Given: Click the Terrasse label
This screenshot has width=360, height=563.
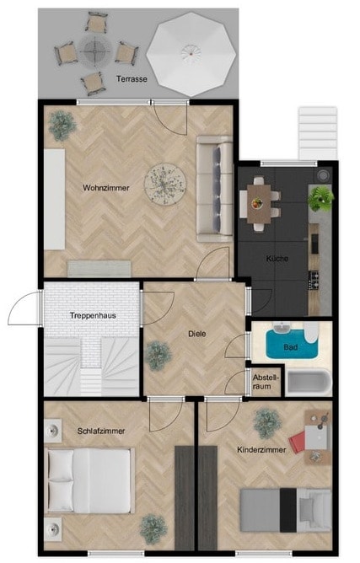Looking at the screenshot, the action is click(x=132, y=79).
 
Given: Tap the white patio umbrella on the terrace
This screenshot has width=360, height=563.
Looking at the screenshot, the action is click(x=191, y=54).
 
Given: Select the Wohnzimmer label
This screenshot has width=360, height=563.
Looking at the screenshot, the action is click(x=106, y=188).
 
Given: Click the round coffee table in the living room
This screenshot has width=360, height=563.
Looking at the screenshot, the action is click(x=165, y=185).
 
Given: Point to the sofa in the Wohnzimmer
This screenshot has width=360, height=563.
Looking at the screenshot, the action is click(x=214, y=189).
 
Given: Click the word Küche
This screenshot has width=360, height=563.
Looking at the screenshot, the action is click(x=277, y=258).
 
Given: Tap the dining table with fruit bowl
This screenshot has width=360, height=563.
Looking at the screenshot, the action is click(x=259, y=203).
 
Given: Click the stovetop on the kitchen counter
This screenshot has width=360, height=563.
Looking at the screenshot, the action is click(x=314, y=281).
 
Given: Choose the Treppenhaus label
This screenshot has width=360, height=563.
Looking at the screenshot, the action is click(x=93, y=315).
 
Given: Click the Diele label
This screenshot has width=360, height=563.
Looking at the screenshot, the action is click(x=197, y=334).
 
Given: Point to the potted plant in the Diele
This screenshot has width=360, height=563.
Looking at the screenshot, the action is click(x=159, y=356).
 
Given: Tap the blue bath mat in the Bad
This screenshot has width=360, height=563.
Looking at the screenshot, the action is click(x=292, y=345).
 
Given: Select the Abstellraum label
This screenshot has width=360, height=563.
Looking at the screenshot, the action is click(x=266, y=382).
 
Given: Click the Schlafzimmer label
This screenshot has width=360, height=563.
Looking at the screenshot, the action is click(x=101, y=431).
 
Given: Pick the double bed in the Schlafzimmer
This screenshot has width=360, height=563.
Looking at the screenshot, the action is click(x=90, y=480).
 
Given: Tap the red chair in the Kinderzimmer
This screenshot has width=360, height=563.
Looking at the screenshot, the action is click(x=297, y=442).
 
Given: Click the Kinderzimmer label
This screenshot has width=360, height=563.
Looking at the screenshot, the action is click(x=261, y=449).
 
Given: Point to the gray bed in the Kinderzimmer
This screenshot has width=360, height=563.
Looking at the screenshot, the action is click(x=286, y=510).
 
